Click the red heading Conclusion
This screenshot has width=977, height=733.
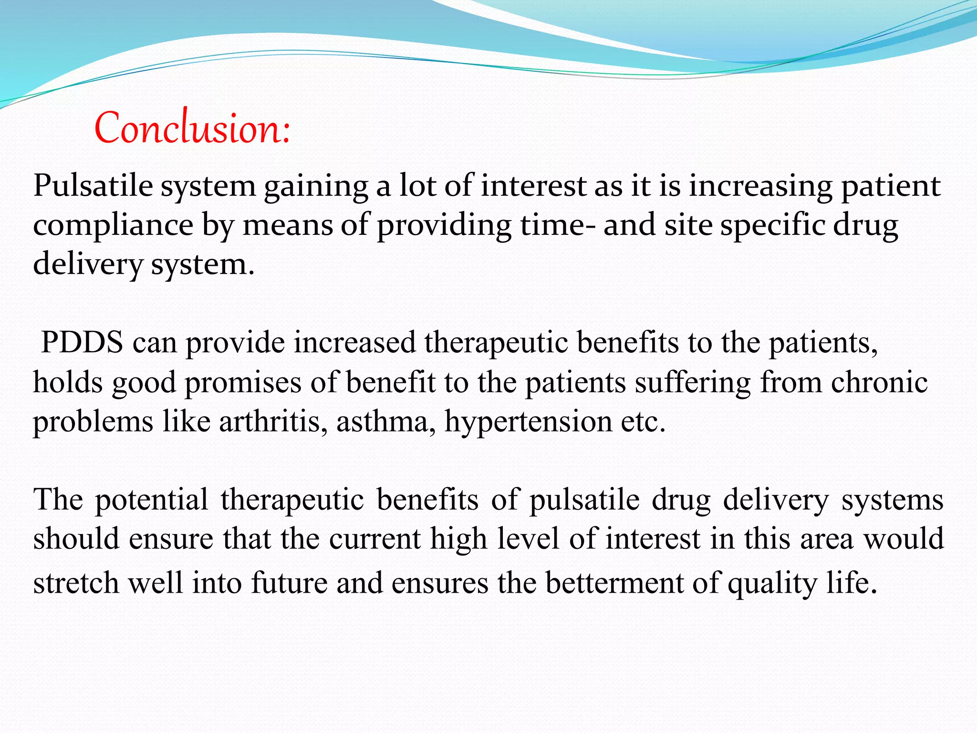pyautogui.click(x=192, y=128)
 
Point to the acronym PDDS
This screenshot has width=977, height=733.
pyautogui.click(x=82, y=342)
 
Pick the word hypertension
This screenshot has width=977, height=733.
pyautogui.click(x=528, y=422)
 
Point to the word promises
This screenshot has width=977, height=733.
pyautogui.click(x=243, y=383)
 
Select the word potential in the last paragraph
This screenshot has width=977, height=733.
pyautogui.click(x=152, y=500)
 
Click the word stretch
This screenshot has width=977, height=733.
pyautogui.click(x=76, y=583)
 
